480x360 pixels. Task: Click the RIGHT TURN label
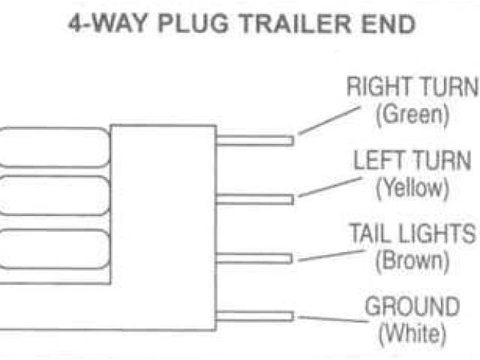point(412,87)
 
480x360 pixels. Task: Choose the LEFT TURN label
point(412,160)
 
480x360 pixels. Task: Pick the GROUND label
point(412,307)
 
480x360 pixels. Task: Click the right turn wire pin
point(254,139)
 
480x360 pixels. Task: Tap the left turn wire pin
point(254,199)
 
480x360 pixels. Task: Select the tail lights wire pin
point(254,258)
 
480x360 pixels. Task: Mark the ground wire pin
point(254,316)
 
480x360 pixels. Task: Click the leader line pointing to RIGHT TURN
point(329,120)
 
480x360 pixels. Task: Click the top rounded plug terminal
point(52,146)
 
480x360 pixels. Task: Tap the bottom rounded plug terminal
point(52,247)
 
